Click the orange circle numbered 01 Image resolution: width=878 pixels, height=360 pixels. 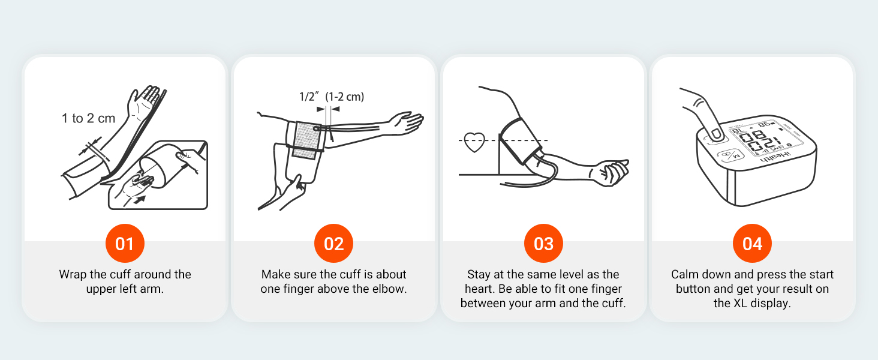click(x=124, y=244)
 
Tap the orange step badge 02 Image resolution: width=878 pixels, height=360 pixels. click(x=333, y=244)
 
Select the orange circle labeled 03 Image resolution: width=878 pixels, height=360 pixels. click(x=543, y=244)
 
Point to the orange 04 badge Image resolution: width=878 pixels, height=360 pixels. click(x=752, y=244)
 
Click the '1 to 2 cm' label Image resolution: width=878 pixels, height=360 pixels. click(x=88, y=118)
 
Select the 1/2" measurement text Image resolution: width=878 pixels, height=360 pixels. click(x=310, y=96)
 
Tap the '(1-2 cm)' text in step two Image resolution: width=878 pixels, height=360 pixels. click(x=344, y=96)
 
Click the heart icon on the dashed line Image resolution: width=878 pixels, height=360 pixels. click(x=474, y=142)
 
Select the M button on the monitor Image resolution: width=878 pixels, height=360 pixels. click(x=729, y=155)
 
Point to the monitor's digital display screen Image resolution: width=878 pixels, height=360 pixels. click(x=757, y=139)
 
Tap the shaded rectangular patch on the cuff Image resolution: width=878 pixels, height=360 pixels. click(x=308, y=140)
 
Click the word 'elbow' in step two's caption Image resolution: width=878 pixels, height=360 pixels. click(x=390, y=289)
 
